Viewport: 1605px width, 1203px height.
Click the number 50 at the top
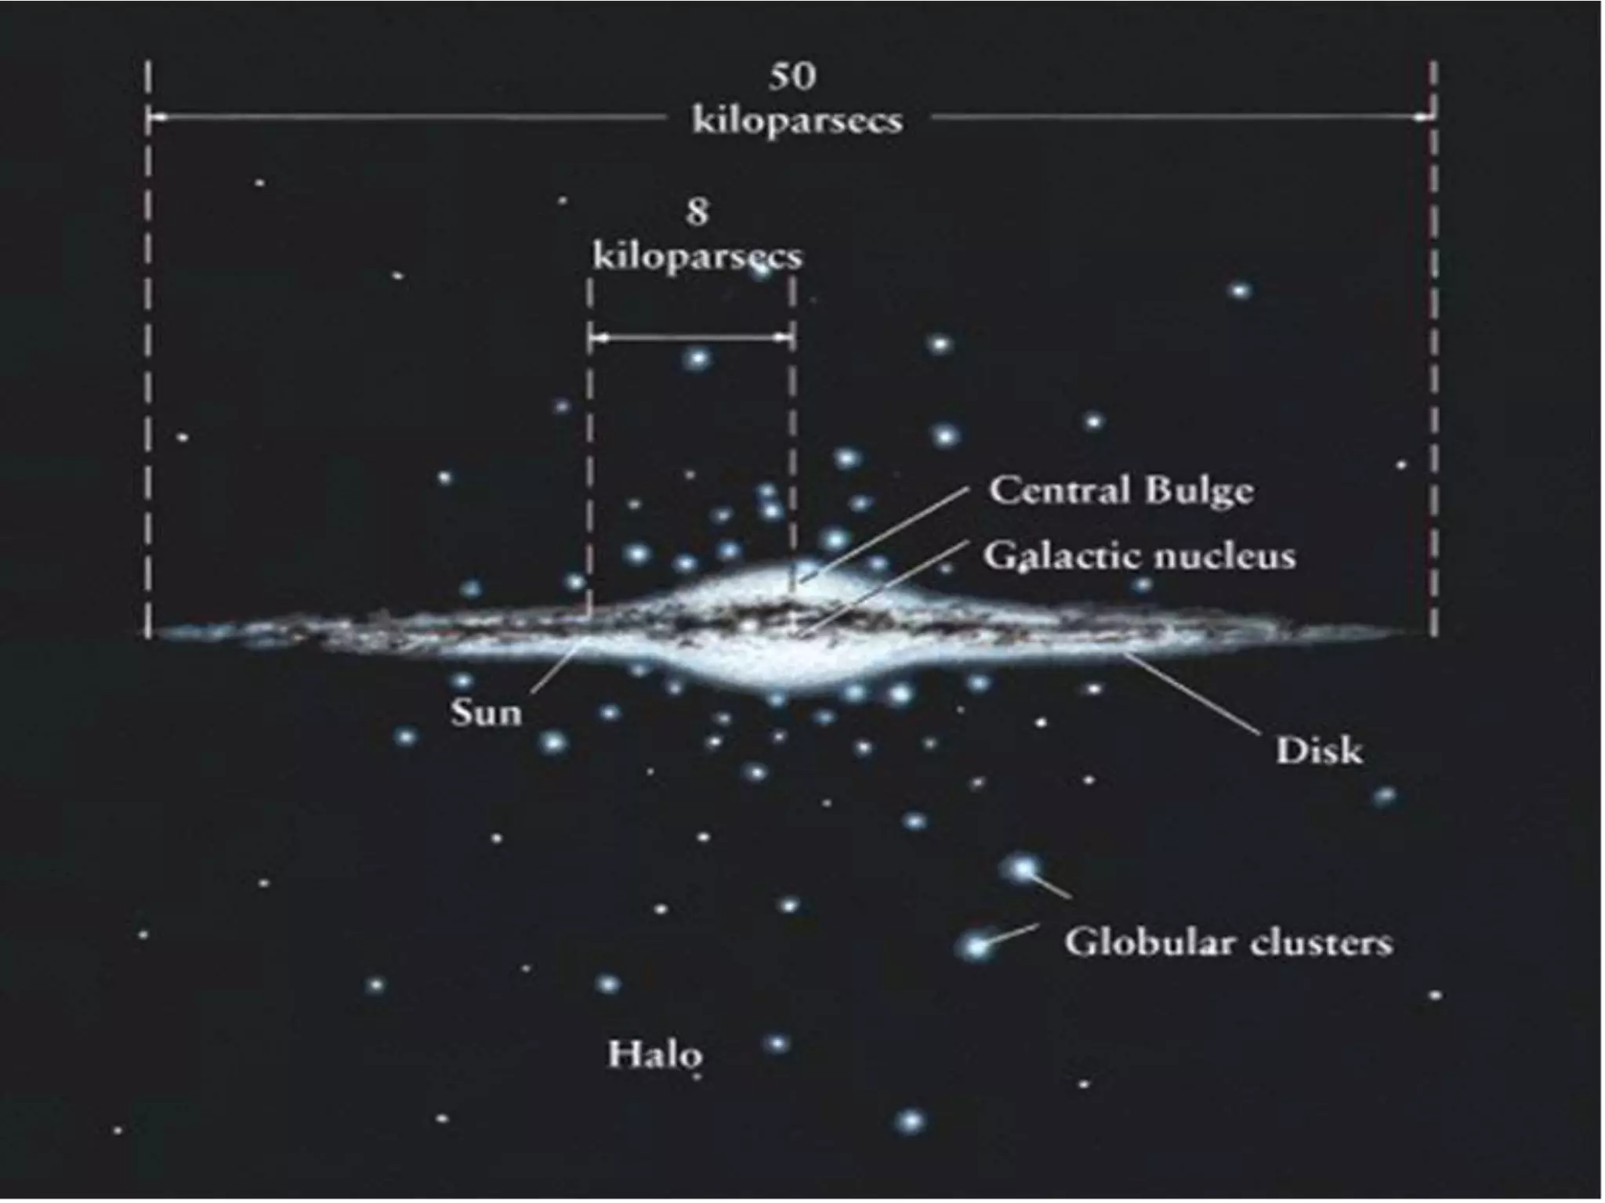(x=792, y=76)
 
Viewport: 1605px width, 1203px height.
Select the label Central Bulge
(x=1121, y=491)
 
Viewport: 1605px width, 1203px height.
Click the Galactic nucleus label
(x=1139, y=556)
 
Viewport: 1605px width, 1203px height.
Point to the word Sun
(x=486, y=713)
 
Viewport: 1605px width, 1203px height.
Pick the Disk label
(x=1319, y=750)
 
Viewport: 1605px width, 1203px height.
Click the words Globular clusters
(x=1228, y=942)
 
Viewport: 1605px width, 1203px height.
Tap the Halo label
(x=655, y=1055)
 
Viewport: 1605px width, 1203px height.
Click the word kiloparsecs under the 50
(x=797, y=121)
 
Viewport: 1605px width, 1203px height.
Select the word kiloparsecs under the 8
(x=697, y=257)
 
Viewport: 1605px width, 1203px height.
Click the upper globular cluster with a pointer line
(x=1022, y=868)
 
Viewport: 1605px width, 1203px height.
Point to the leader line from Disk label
(x=1191, y=695)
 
